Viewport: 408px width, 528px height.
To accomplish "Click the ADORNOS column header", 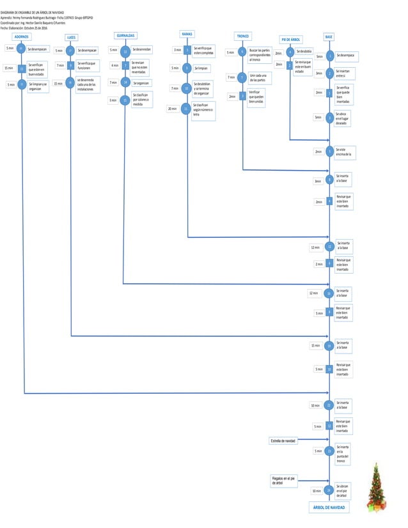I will coord(22,37).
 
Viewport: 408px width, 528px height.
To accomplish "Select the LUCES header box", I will coord(71,38).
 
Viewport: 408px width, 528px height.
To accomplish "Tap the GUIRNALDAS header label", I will coord(125,35).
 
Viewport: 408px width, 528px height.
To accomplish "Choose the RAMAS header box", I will coord(187,33).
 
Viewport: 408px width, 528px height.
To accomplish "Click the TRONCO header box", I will coord(243,36).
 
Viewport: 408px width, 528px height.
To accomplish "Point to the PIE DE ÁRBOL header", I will coord(291,40).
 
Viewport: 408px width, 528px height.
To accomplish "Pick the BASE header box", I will coord(329,36).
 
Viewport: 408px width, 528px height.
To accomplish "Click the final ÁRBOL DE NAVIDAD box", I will coord(329,508).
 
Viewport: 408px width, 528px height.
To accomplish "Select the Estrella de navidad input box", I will coord(283,440).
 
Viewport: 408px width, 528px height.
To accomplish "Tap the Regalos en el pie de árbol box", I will coord(283,481).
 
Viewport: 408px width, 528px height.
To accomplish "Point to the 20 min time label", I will coord(172,109).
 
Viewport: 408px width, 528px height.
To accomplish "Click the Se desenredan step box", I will coord(142,49).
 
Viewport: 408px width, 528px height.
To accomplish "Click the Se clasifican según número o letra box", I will coord(203,110).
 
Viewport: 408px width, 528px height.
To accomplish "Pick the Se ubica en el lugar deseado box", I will coord(343,118).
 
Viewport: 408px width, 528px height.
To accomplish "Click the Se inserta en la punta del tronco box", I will coord(343,453).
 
